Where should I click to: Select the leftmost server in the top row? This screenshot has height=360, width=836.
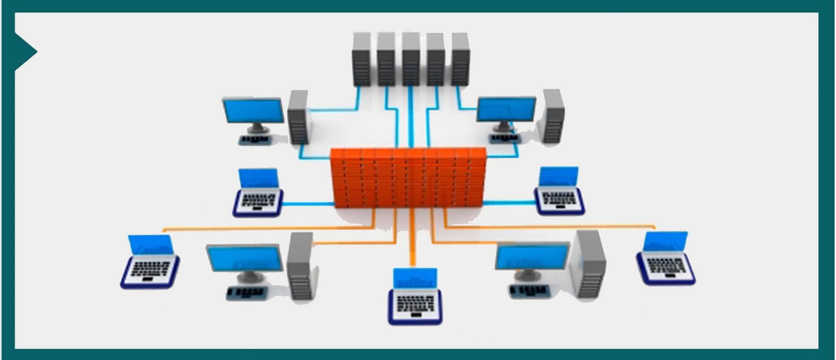361,60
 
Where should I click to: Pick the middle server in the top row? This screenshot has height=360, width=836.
411,60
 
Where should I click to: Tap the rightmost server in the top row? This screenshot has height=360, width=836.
460,60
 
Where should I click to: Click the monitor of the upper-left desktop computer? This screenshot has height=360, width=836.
253,111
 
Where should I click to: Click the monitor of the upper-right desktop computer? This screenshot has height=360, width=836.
506,109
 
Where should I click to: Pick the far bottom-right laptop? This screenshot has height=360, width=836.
665,259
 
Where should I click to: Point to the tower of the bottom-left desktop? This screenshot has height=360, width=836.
301,266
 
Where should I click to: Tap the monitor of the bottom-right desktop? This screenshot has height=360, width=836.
532,257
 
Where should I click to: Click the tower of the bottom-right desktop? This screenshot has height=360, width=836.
590,265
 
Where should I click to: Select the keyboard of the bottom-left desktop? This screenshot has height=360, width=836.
245,293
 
